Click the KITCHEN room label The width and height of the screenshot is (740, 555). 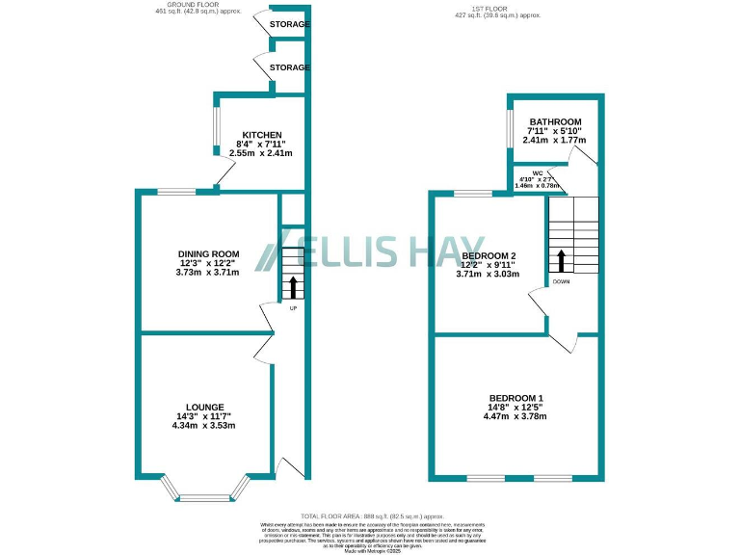tap(261, 134)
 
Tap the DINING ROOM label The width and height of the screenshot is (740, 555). tap(208, 254)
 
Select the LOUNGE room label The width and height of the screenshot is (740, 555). tap(206, 407)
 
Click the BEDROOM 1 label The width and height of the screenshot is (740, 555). tap(516, 398)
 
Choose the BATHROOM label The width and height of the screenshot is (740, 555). tap(554, 121)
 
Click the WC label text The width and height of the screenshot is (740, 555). tap(525, 173)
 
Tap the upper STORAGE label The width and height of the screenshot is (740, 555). tap(289, 24)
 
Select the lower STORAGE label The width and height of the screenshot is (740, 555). tap(289, 67)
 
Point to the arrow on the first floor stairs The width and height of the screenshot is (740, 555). tap(561, 259)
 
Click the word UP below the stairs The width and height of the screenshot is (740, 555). tap(293, 307)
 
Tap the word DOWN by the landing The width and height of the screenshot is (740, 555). tap(562, 282)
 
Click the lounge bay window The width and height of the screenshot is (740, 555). tap(206, 496)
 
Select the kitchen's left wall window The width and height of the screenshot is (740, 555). tap(215, 129)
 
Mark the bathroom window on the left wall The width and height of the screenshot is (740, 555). tap(508, 127)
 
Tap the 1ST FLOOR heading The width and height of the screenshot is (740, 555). tap(498, 8)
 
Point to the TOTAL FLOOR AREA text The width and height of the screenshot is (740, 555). tap(370, 517)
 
